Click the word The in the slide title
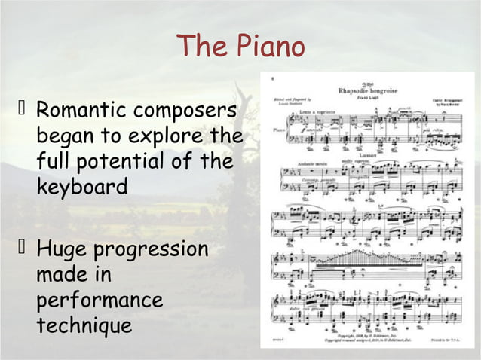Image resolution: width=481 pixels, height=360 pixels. coord(199,47)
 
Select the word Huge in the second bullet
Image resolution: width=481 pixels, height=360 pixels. coord(62,248)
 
